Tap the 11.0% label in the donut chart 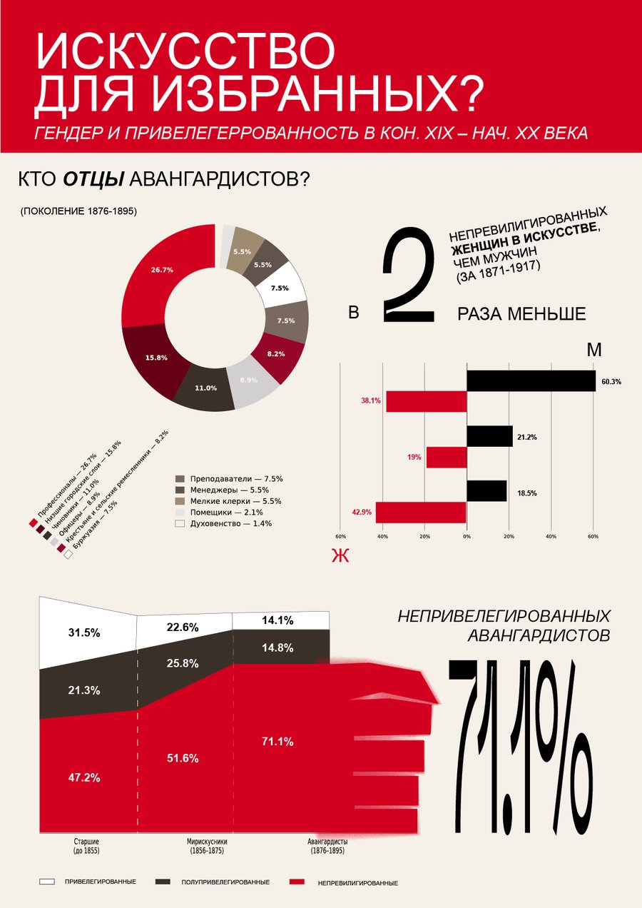tap(205, 388)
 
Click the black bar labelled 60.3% tap(531, 380)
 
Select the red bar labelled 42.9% tap(421, 512)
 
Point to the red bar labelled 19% tap(447, 458)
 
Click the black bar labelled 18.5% tap(486, 490)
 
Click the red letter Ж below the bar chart tap(340, 555)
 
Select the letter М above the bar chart tap(594, 350)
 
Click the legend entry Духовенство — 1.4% tap(223, 523)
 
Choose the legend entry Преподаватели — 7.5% tap(229, 479)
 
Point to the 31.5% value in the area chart tap(84, 632)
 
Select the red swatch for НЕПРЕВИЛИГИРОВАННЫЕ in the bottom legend tap(297, 882)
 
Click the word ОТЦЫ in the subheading tap(93, 178)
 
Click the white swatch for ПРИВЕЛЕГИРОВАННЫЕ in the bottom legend tap(47, 882)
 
